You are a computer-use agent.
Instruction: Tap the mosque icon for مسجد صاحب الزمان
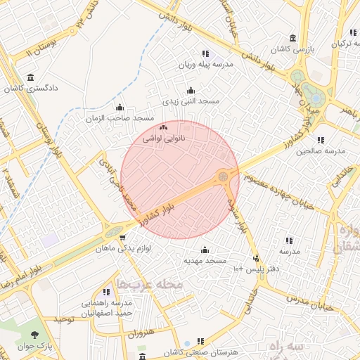click(x=120, y=108)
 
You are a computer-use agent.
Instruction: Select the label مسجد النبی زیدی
click(x=191, y=101)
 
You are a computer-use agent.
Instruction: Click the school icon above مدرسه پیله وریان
click(x=205, y=53)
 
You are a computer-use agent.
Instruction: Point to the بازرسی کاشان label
click(x=292, y=49)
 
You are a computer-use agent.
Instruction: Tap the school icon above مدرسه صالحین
click(x=321, y=140)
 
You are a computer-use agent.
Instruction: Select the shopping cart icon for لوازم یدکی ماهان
click(x=123, y=238)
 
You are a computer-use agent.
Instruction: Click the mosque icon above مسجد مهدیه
click(x=205, y=250)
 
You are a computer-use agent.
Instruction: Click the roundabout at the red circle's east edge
click(x=224, y=176)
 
